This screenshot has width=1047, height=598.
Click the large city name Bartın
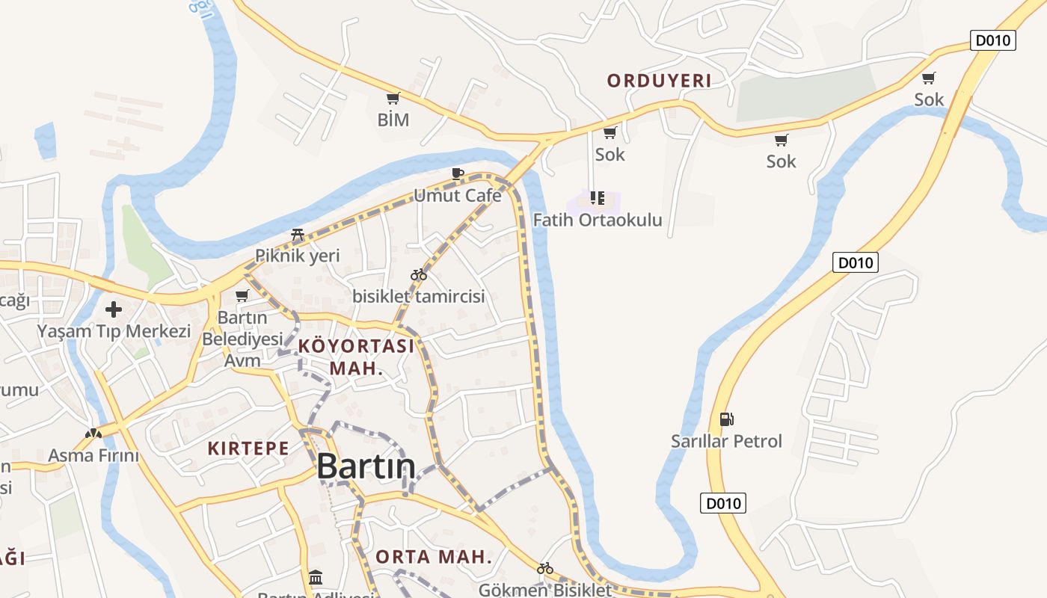[366, 466]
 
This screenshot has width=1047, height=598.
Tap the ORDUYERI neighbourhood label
[659, 81]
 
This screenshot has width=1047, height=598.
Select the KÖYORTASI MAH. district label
[356, 357]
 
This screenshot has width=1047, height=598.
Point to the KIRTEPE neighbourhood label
[248, 449]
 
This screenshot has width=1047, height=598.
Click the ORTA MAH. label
[434, 557]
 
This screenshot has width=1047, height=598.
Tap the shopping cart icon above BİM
[393, 98]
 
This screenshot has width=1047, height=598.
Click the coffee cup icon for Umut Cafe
[458, 174]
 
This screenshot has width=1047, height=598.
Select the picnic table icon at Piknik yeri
[297, 235]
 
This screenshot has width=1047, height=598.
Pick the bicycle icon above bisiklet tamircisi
[419, 274]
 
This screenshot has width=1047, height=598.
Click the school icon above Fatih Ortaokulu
[597, 198]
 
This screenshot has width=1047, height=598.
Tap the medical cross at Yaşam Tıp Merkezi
[114, 309]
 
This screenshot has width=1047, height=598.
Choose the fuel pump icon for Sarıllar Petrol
[726, 419]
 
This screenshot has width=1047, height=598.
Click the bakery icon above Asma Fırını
[93, 433]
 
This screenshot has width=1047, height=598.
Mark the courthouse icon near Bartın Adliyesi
[316, 578]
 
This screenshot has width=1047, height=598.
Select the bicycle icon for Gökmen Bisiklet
[545, 569]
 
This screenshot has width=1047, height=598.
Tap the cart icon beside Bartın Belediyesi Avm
[242, 296]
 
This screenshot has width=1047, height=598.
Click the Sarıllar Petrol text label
[726, 441]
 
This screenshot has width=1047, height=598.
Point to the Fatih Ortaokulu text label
[598, 220]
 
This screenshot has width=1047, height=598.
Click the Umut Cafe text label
[458, 196]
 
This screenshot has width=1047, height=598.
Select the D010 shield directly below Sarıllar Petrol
[723, 503]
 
